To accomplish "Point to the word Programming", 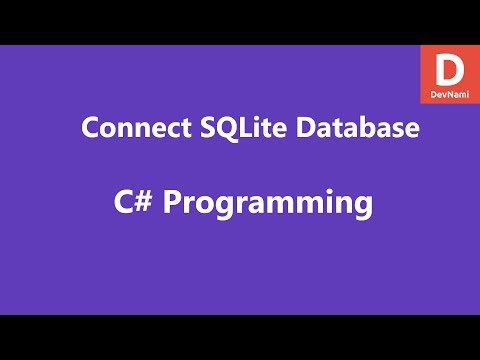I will tap(267, 204).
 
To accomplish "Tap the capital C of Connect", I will tap(89, 130).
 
